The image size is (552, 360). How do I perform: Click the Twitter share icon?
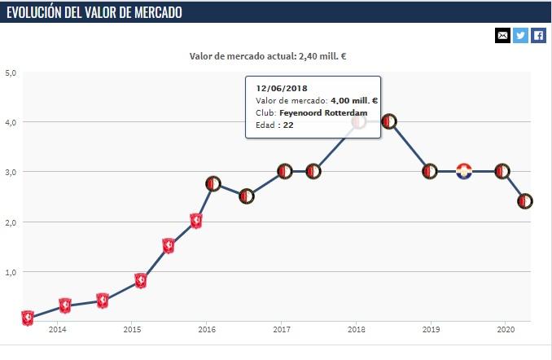[x=520, y=35]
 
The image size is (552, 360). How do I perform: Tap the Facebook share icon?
[x=538, y=35]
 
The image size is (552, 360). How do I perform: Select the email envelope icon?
[x=502, y=35]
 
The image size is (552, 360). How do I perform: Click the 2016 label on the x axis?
[x=207, y=329]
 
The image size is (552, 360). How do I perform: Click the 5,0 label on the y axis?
[x=11, y=72]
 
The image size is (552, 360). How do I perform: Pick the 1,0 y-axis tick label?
[x=11, y=272]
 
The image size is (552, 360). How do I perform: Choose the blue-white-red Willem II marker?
[x=464, y=171]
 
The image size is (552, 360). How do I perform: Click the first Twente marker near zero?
[x=27, y=318]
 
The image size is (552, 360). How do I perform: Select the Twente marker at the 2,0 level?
[x=195, y=221]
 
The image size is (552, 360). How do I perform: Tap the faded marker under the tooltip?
[x=358, y=121]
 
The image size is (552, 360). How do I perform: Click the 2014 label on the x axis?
[x=57, y=329]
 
